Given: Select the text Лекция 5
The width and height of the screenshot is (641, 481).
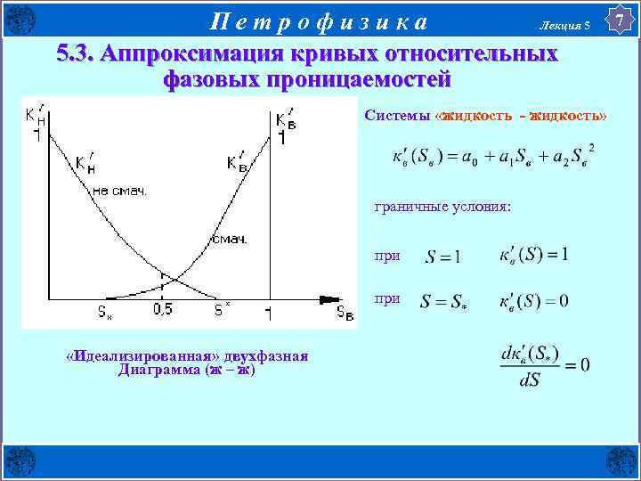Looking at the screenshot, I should [564, 27].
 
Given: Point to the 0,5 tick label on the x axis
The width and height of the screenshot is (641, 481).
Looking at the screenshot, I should [163, 310].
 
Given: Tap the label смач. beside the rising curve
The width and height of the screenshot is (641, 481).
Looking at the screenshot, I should [229, 239].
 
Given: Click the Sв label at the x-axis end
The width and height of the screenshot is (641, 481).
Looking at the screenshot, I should [345, 312].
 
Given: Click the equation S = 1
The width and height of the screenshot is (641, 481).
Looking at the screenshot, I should [442, 257].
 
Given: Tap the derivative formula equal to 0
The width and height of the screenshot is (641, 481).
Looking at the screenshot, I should [544, 365].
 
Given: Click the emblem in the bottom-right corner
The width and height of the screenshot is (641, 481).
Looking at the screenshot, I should [621, 461].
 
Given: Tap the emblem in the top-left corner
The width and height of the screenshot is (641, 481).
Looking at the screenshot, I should [20, 19].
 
